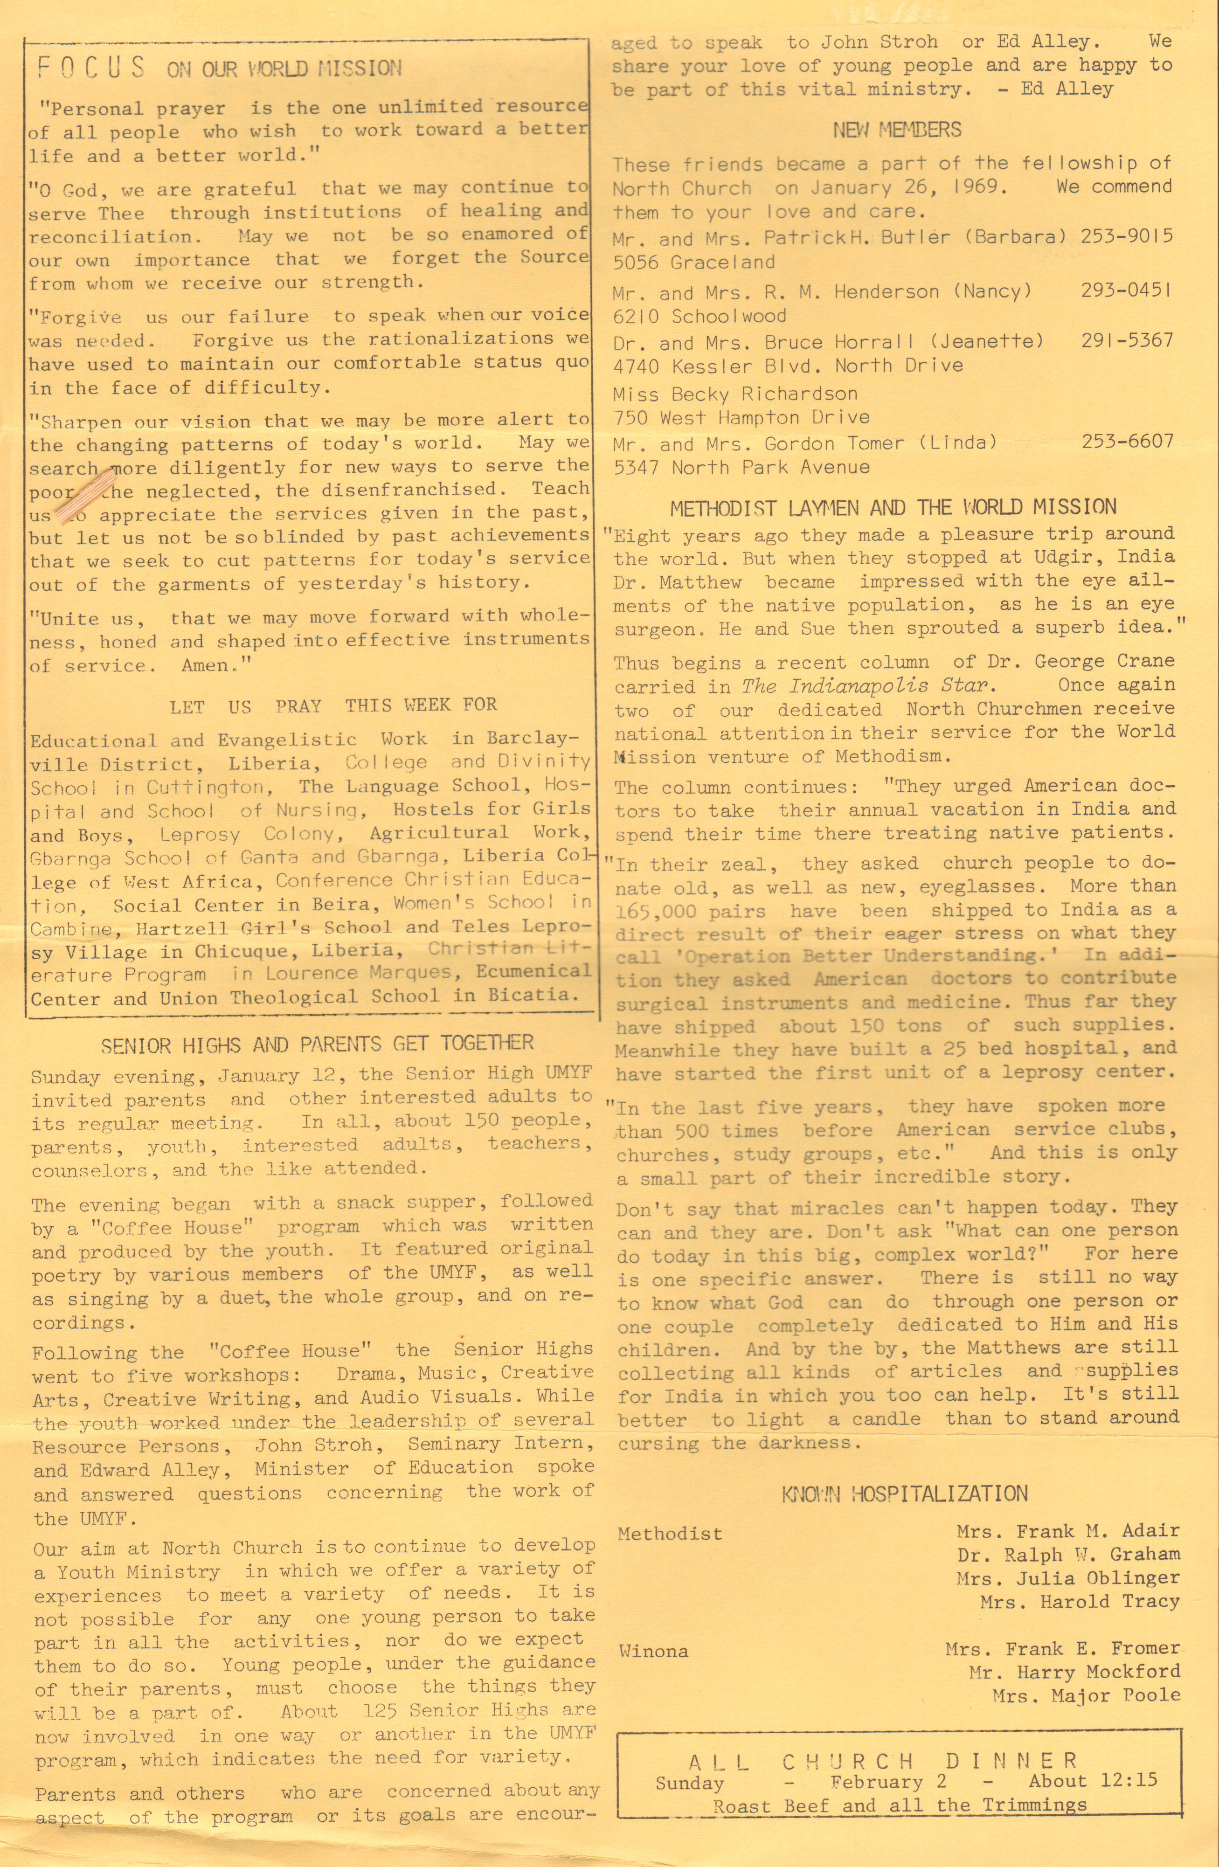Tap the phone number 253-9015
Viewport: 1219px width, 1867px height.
point(1127,236)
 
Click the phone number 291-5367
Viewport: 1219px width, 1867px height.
point(1127,340)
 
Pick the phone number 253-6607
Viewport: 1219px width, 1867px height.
point(1127,442)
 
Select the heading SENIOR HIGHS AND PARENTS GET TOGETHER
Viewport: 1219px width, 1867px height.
point(317,1044)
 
